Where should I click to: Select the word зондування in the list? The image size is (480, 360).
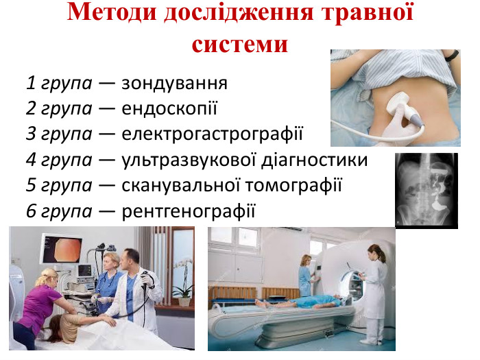coord(174,84)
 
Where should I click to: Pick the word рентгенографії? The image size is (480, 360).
coord(188,211)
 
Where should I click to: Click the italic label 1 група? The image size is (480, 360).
coord(59,84)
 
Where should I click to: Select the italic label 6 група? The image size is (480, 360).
coord(59,211)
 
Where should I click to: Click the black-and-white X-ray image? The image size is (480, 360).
coord(426,190)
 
